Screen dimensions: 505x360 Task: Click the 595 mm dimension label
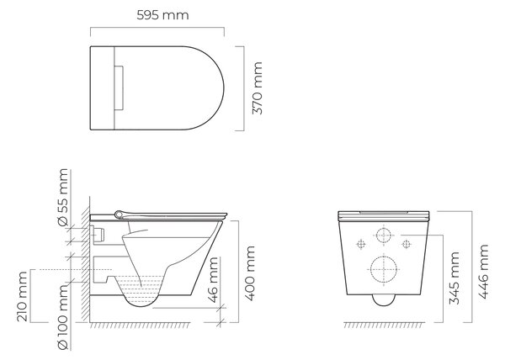click(162, 15)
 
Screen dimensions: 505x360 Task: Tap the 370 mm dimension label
click(257, 88)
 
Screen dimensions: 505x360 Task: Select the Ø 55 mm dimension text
click(62, 197)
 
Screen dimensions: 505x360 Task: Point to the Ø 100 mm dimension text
click(62, 317)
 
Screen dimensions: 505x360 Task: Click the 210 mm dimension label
click(22, 297)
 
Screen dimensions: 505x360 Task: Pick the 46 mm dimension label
click(213, 280)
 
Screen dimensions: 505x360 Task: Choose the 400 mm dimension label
click(250, 273)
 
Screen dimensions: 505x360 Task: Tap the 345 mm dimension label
click(454, 278)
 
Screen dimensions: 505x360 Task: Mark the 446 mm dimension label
click(483, 272)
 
